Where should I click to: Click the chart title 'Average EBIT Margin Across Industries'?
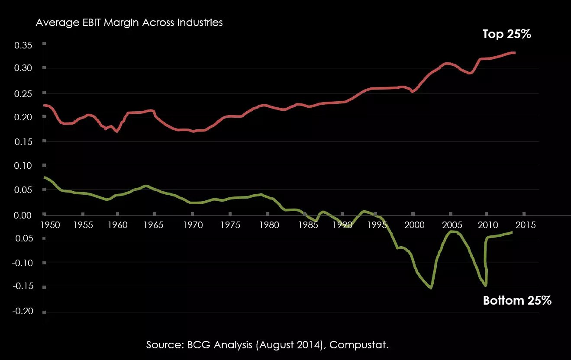point(129,22)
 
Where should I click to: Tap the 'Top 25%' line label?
point(506,34)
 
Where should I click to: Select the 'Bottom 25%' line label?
point(517,300)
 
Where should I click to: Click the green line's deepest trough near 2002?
point(431,288)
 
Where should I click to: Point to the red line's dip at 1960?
point(117,131)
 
